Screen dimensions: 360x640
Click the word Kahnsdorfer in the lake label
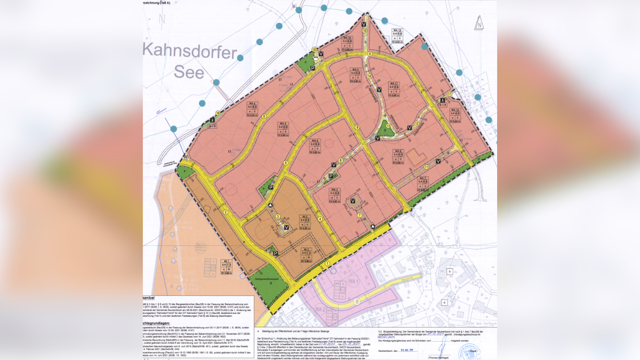point(189,50)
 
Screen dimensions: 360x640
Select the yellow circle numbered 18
point(218,113)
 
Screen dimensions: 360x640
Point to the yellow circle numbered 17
point(449,94)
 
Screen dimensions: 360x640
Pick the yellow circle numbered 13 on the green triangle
point(389,126)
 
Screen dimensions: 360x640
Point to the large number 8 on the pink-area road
point(356,301)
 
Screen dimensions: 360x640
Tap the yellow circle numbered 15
point(365,30)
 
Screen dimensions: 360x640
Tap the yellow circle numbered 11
point(427,167)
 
